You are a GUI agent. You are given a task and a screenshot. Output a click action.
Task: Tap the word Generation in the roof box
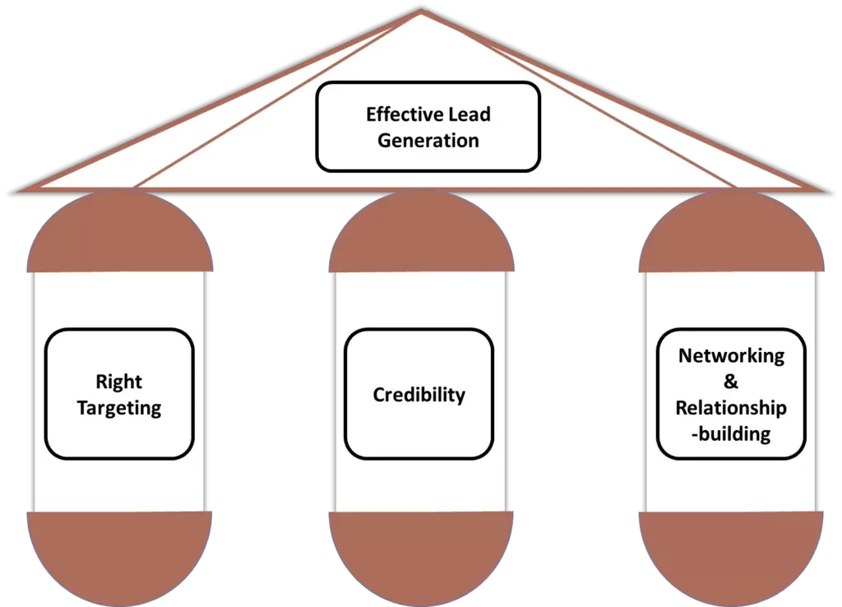click(x=428, y=140)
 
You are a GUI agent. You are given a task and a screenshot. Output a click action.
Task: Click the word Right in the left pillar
click(x=119, y=382)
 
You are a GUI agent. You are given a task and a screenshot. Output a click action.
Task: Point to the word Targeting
click(x=119, y=408)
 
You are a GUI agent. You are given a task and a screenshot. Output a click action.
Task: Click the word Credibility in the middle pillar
click(x=419, y=395)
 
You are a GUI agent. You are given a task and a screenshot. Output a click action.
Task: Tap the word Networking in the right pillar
click(x=731, y=356)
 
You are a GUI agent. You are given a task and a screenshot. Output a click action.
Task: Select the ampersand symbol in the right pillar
click(x=731, y=382)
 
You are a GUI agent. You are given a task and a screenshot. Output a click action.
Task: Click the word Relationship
click(x=731, y=408)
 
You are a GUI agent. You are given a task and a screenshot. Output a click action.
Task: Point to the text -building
click(x=731, y=434)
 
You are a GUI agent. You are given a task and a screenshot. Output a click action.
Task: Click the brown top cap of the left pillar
click(x=120, y=234)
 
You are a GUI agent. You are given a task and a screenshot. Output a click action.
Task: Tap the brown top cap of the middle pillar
click(x=421, y=234)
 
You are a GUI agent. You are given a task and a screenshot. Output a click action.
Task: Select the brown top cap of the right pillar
click(x=731, y=234)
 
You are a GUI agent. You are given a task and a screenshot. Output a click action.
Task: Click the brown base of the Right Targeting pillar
click(x=120, y=555)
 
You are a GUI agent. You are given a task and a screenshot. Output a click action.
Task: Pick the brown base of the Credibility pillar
click(x=421, y=555)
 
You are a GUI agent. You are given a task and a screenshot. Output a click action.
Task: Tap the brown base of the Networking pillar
click(x=731, y=555)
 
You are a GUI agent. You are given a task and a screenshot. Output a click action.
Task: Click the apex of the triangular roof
click(x=421, y=12)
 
